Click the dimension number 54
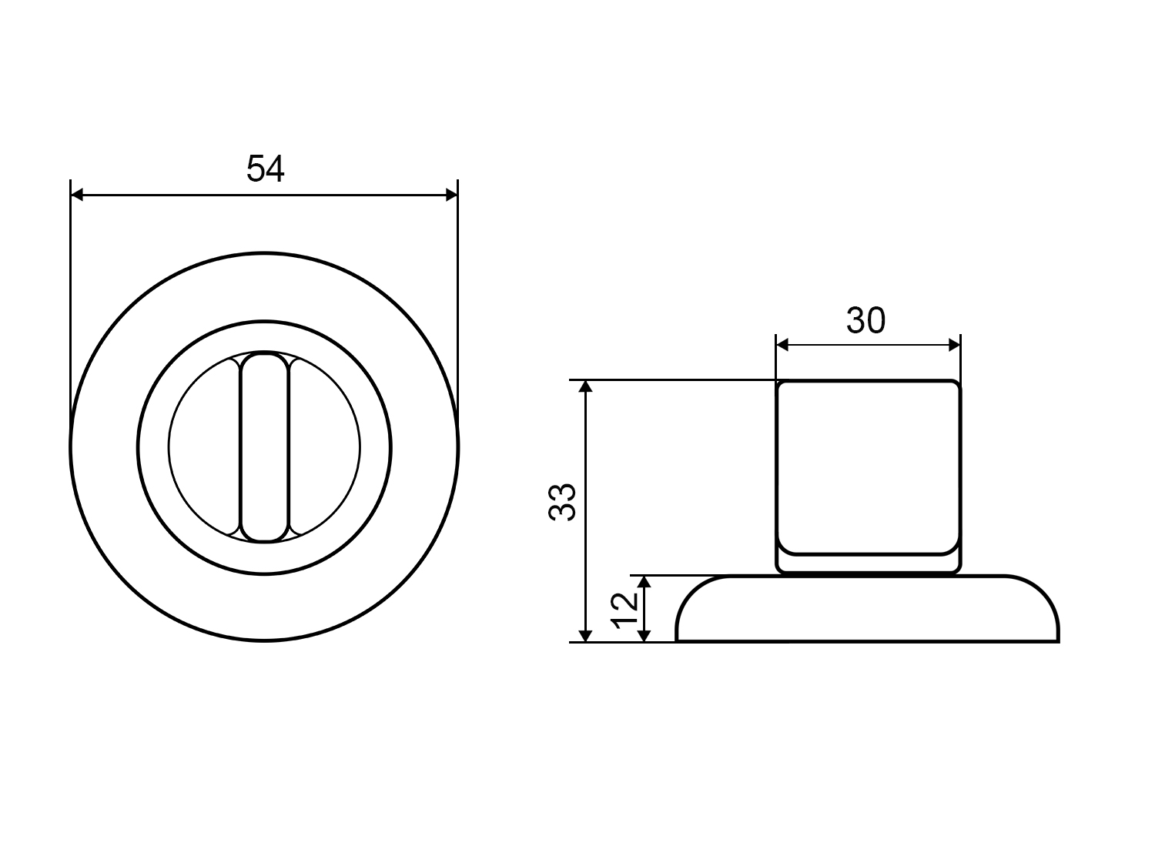[265, 169]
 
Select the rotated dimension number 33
[562, 502]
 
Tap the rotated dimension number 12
[624, 611]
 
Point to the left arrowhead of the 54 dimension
[77, 195]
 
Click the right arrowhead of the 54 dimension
[451, 195]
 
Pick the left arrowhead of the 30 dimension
[782, 345]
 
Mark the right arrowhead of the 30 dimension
[955, 345]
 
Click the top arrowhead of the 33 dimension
[586, 386]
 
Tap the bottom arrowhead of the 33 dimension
[586, 635]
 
